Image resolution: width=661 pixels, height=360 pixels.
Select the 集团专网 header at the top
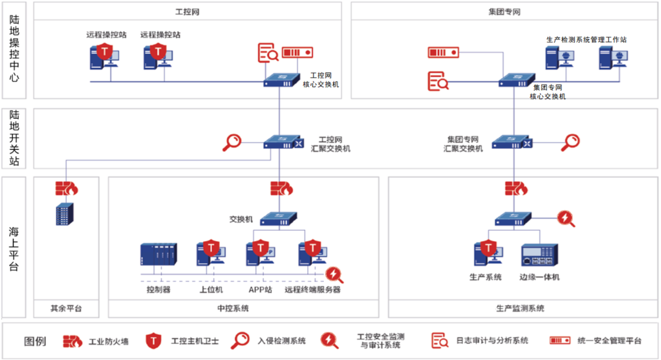click(x=505, y=12)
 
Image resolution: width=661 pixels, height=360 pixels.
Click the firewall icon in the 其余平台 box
click(x=66, y=188)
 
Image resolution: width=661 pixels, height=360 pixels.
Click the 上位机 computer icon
click(x=211, y=254)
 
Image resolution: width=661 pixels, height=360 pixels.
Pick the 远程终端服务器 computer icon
click(x=312, y=254)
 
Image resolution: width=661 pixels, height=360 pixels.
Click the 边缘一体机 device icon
click(x=539, y=255)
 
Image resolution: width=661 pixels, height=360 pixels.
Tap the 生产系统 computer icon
click(x=488, y=254)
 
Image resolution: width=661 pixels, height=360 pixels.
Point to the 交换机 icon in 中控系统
click(x=278, y=219)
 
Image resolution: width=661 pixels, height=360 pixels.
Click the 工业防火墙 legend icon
click(x=72, y=341)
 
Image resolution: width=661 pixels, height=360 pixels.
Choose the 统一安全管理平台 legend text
click(x=609, y=341)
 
